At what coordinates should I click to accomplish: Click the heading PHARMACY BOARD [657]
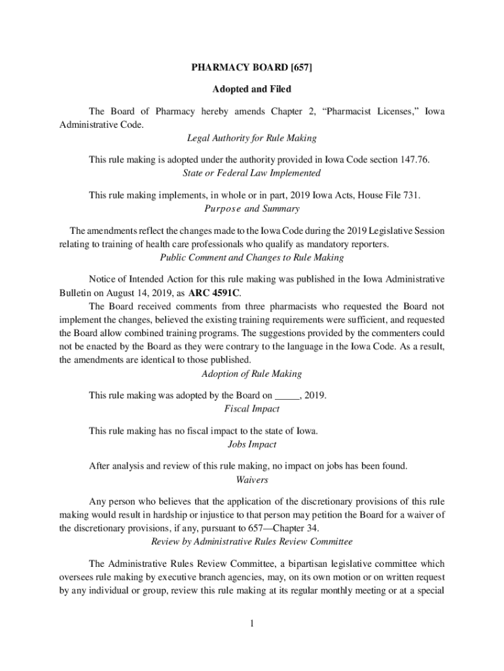click(252, 68)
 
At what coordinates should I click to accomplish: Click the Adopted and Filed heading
click(252, 89)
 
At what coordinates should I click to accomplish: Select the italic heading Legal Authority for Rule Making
click(252, 138)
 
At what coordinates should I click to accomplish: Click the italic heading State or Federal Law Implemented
click(252, 173)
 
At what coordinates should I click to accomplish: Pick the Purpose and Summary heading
click(252, 209)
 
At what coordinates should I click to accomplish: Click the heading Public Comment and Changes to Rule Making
click(252, 258)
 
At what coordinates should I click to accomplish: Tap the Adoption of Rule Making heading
click(252, 374)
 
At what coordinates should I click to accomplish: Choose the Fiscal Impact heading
click(252, 409)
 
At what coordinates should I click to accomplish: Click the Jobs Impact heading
click(252, 444)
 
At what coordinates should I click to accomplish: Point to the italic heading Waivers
click(252, 480)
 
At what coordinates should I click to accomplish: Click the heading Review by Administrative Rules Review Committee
click(252, 542)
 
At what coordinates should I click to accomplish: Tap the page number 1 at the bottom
click(251, 623)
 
